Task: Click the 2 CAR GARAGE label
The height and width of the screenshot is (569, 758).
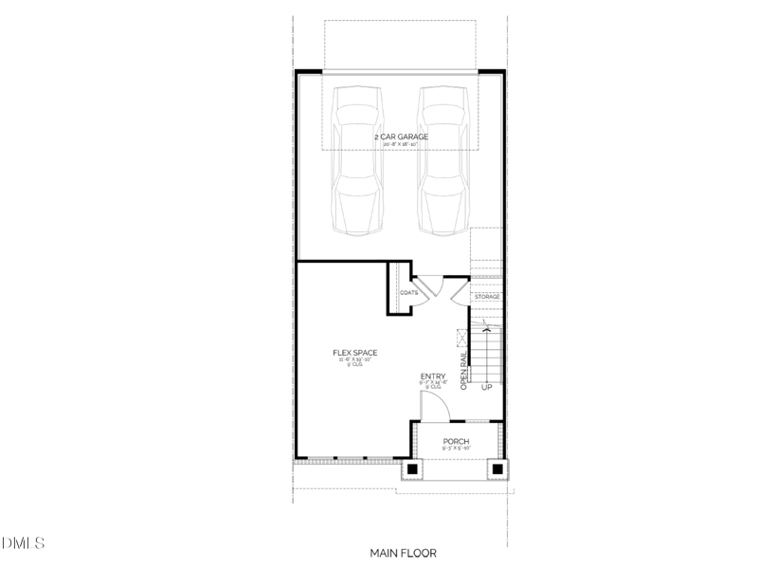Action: point(401,137)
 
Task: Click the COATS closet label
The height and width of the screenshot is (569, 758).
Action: point(408,293)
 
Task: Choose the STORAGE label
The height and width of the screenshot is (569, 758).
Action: point(487,297)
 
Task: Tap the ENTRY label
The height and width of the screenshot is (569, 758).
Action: point(433,377)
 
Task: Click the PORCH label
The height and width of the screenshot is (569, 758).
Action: point(457,442)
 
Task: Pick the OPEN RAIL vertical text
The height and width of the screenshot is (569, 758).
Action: point(463,371)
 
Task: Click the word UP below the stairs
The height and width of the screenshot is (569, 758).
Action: point(487,388)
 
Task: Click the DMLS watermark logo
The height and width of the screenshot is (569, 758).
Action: point(23,544)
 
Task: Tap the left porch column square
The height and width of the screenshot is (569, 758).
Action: point(414,468)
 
